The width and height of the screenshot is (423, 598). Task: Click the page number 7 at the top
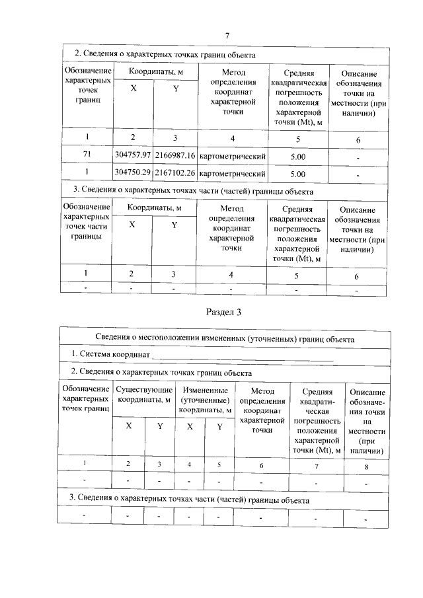pyautogui.click(x=227, y=36)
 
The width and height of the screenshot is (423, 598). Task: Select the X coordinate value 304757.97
pyautogui.click(x=133, y=155)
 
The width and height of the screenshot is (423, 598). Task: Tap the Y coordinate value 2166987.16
pyautogui.click(x=174, y=155)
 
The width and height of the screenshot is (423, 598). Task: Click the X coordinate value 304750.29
pyautogui.click(x=133, y=174)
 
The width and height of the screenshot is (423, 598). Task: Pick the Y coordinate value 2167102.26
pyautogui.click(x=174, y=174)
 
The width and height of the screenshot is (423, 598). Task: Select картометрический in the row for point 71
pyautogui.click(x=232, y=156)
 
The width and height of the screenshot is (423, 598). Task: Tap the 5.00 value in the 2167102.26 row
pyautogui.click(x=298, y=174)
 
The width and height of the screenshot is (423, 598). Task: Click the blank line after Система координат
pyautogui.click(x=242, y=357)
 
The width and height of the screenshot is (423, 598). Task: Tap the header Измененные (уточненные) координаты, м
pyautogui.click(x=205, y=400)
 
